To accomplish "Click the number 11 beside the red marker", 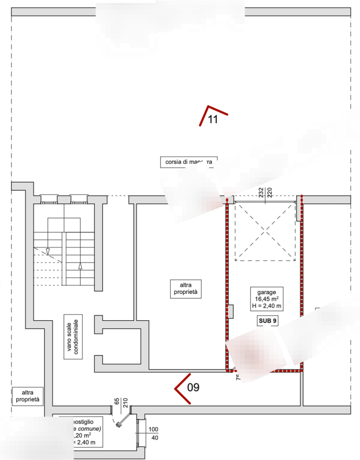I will [213, 120].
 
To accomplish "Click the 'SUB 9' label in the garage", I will [264, 320].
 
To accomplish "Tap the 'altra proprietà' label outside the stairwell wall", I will [28, 396].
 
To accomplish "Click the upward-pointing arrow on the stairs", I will [80, 265].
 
